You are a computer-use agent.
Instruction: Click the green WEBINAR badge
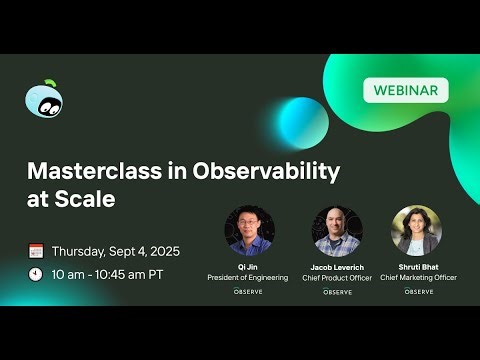(405, 90)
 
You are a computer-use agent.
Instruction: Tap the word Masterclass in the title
(91, 170)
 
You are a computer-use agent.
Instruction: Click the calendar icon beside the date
(36, 251)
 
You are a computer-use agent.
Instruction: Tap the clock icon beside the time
(36, 273)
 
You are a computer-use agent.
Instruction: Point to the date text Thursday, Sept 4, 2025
(116, 251)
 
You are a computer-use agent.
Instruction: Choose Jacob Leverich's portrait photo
(336, 232)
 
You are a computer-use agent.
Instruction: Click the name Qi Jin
(248, 266)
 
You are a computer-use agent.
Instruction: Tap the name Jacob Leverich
(336, 269)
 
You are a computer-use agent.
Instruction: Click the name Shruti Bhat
(418, 266)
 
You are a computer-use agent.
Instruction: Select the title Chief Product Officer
(336, 278)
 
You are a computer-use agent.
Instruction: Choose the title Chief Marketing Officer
(418, 276)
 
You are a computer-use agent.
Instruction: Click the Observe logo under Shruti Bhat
(418, 291)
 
